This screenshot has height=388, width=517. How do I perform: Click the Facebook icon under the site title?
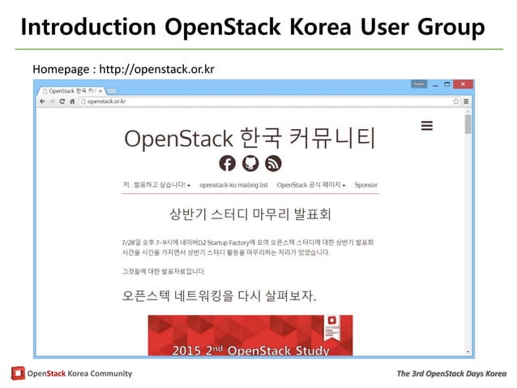pos(228,163)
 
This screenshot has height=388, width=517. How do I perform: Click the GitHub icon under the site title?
pos(250,163)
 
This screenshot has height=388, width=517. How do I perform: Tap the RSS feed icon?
pos(273,163)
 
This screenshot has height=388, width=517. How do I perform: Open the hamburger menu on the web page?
pos(427,126)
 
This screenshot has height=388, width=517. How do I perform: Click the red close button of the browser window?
pos(463,84)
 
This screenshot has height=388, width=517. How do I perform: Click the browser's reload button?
pos(62,101)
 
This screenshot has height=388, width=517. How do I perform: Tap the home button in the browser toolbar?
pos(73,101)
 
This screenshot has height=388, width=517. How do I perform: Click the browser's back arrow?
pos(41,101)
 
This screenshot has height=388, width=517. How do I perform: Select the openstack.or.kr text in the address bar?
pos(107,101)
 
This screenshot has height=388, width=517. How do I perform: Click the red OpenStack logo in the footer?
pos(18,373)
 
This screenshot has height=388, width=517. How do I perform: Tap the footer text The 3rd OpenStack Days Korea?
pos(451,373)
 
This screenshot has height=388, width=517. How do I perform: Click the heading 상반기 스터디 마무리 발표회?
pos(250,216)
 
